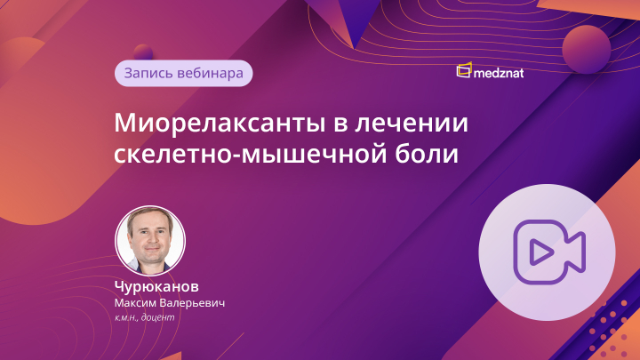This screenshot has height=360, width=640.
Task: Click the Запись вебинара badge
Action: [x=183, y=73]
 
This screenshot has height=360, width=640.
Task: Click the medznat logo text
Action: [x=500, y=72]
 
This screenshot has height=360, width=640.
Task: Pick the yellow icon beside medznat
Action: [x=463, y=70]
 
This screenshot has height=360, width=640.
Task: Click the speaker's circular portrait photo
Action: [x=150, y=240]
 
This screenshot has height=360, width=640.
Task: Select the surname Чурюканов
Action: [x=156, y=287]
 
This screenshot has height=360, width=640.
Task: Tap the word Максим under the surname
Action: [x=136, y=303]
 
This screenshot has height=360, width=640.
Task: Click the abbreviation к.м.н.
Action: [x=128, y=316]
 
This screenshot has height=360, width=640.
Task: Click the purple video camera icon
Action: [x=546, y=252]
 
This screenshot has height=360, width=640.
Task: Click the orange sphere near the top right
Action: [x=586, y=47]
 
